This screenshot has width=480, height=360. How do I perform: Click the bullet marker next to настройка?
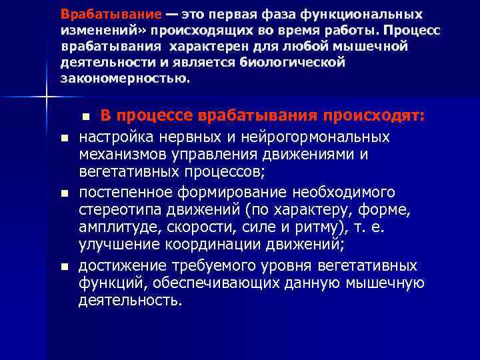pyautogui.click(x=64, y=137)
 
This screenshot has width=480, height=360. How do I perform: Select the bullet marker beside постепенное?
pyautogui.click(x=64, y=193)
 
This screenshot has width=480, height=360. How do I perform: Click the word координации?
pyautogui.click(x=217, y=246)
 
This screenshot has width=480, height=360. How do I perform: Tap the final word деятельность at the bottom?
pyautogui.click(x=129, y=301)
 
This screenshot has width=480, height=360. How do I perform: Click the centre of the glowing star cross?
pyautogui.click(x=45, y=98)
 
